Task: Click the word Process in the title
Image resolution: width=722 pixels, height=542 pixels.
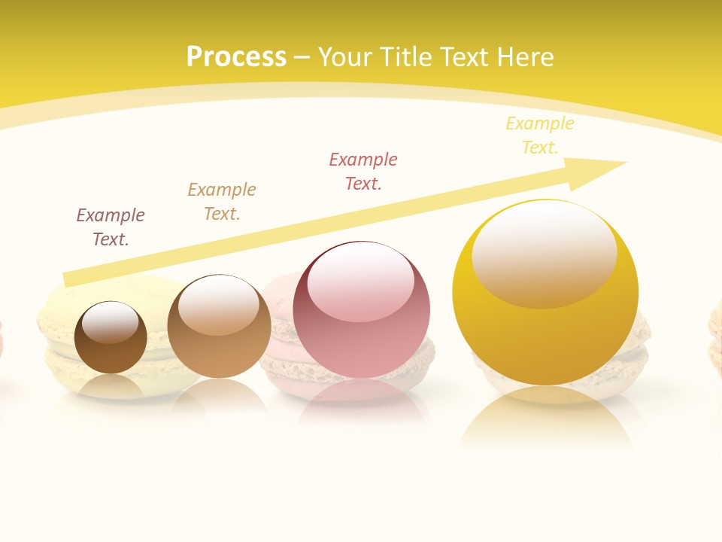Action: tap(236, 57)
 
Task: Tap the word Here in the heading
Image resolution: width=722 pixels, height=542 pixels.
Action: tap(524, 57)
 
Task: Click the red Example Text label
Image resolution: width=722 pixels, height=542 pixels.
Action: tap(363, 171)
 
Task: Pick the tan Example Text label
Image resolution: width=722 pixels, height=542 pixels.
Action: tap(222, 201)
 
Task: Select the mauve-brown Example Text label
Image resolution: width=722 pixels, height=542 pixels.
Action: tap(111, 227)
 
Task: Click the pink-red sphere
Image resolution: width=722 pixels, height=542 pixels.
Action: tap(362, 331)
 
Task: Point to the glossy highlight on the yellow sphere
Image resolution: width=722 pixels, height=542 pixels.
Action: tap(545, 252)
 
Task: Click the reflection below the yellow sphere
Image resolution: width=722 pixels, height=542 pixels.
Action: tap(546, 418)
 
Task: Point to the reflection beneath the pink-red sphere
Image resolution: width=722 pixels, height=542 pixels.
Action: tap(362, 399)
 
